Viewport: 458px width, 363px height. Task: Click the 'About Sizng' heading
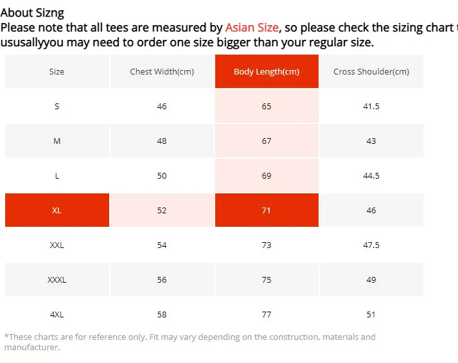tap(32, 12)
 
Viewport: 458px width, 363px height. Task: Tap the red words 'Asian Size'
tap(252, 28)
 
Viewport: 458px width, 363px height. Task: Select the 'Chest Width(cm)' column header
tap(162, 71)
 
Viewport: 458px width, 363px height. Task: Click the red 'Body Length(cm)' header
tap(267, 71)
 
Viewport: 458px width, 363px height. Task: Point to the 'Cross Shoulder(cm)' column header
tap(371, 71)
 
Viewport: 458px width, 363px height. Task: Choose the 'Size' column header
tap(57, 71)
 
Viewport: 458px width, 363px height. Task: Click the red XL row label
tap(57, 210)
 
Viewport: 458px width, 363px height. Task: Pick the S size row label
tap(57, 106)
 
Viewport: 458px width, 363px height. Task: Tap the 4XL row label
tap(57, 314)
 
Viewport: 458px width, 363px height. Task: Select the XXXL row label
tap(57, 279)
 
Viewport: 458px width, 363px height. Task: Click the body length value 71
tap(267, 210)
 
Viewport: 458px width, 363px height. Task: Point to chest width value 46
tap(162, 106)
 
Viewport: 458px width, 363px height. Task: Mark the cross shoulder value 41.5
tap(371, 106)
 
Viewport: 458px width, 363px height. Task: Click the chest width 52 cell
tap(162, 210)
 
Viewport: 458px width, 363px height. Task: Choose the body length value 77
tap(267, 314)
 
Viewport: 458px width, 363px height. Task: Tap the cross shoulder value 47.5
tap(371, 245)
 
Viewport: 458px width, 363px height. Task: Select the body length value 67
tap(267, 141)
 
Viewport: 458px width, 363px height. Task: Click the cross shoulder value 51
tap(371, 314)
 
